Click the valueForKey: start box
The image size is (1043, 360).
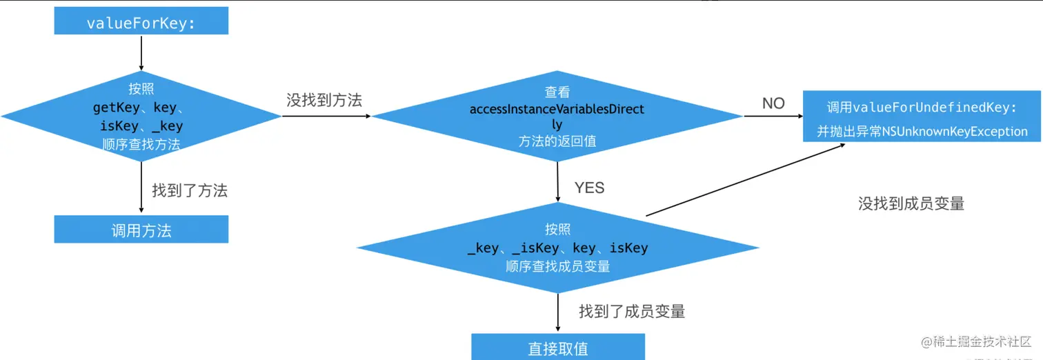(141, 23)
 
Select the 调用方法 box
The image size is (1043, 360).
(141, 230)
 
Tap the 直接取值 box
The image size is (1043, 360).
(557, 348)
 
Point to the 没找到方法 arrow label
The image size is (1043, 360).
(324, 100)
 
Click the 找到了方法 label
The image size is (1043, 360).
(190, 190)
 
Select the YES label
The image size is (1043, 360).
(588, 188)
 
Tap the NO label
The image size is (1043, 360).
(773, 103)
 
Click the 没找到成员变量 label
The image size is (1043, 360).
(911, 203)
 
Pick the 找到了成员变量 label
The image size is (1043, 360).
(632, 311)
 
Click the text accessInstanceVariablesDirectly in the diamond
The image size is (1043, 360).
(557, 110)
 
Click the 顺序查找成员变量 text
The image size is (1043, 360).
(557, 266)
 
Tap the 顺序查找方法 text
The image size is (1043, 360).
(141, 144)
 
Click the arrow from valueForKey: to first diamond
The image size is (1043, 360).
(141, 52)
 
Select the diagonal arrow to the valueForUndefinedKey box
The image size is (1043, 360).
(724, 181)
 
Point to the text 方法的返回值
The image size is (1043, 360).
(557, 141)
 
